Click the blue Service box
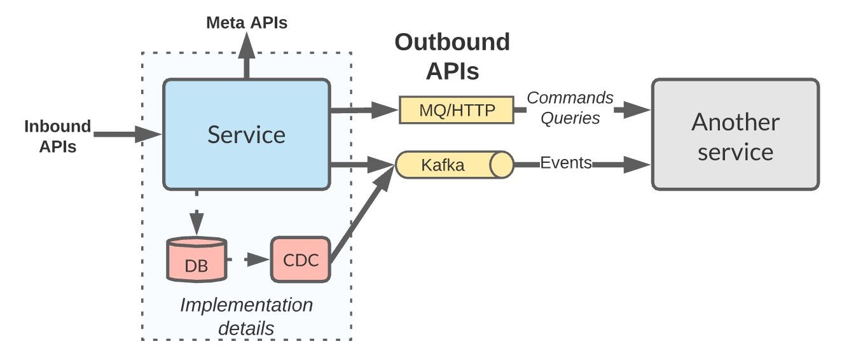click(x=247, y=134)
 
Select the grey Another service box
click(x=735, y=134)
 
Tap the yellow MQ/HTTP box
click(x=456, y=110)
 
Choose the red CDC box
click(x=300, y=260)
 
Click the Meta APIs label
click(x=247, y=24)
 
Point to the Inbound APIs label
click(x=57, y=136)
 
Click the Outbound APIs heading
click(x=452, y=57)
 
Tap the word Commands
click(x=570, y=99)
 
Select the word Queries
click(x=570, y=118)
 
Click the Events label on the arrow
click(x=565, y=163)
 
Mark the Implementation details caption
click(x=246, y=316)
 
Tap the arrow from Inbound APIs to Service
click(x=127, y=134)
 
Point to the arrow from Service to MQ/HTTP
click(x=362, y=110)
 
